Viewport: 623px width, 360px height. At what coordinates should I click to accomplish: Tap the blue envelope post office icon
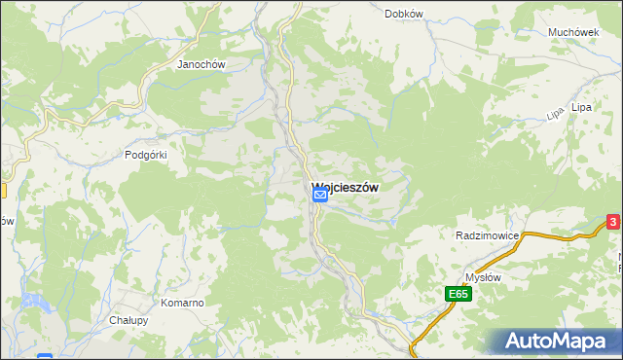pos(319,196)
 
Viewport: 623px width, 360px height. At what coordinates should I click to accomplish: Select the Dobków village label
pos(403,14)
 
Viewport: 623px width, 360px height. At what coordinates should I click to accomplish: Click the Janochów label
pos(201,65)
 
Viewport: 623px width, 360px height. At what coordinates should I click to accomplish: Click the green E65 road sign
pos(459,293)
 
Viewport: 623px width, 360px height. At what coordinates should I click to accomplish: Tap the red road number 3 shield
pos(613,223)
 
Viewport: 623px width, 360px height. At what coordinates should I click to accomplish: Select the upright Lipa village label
pos(582,106)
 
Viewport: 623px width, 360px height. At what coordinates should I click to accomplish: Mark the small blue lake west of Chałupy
pos(45,357)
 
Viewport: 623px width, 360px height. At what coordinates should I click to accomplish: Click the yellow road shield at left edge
pos(3,192)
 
